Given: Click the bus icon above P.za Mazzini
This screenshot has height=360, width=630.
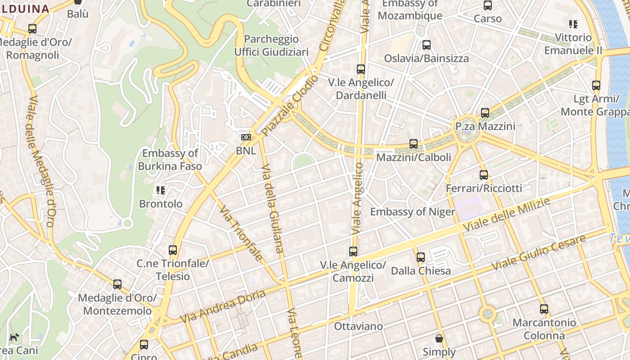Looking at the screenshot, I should coord(485,113).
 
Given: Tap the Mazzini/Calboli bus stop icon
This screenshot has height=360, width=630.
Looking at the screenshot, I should coord(413,144).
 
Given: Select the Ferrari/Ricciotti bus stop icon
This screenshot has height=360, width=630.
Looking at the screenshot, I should coord(484,175).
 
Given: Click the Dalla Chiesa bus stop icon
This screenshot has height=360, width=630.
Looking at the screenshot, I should coord(420,257).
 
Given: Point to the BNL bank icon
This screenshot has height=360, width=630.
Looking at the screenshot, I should coord(246,137).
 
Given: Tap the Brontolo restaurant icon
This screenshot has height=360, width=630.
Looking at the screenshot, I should coord(160,190).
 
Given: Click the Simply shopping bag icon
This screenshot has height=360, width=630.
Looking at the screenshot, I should coord(439,338).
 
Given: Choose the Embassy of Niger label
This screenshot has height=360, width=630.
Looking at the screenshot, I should coord(412,211).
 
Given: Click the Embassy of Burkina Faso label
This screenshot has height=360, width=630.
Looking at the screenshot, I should coord(170,160).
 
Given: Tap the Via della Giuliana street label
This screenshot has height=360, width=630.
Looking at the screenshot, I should coord(273,210).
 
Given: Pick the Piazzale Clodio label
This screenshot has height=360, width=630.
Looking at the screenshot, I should coord(290,106).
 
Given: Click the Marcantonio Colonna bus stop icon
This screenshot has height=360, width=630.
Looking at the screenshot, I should coord(544,309).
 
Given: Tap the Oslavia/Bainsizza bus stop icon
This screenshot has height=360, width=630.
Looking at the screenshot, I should coord(426,45).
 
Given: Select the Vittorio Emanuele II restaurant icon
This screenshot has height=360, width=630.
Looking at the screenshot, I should coord(573,24).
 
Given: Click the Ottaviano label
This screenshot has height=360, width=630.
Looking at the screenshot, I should coord(358,326).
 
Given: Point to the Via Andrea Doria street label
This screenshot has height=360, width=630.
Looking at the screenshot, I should coord(223,306).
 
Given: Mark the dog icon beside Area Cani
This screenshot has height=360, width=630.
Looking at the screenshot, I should coord(14,337).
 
